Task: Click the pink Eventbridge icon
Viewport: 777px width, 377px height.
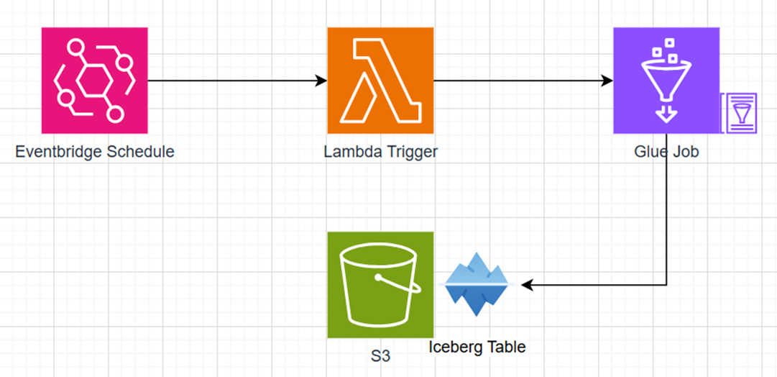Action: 94,81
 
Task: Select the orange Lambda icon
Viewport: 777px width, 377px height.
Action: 380,81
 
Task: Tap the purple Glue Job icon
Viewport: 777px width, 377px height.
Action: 666,81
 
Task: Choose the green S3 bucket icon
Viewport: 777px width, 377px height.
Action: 380,285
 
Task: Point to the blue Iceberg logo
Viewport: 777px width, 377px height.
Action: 477,285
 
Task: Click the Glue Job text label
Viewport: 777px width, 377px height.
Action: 666,153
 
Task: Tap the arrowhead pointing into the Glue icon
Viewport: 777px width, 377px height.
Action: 608,81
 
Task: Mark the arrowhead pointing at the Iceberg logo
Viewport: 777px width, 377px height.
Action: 526,286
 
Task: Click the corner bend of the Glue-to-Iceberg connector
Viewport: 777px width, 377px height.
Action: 667,286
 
